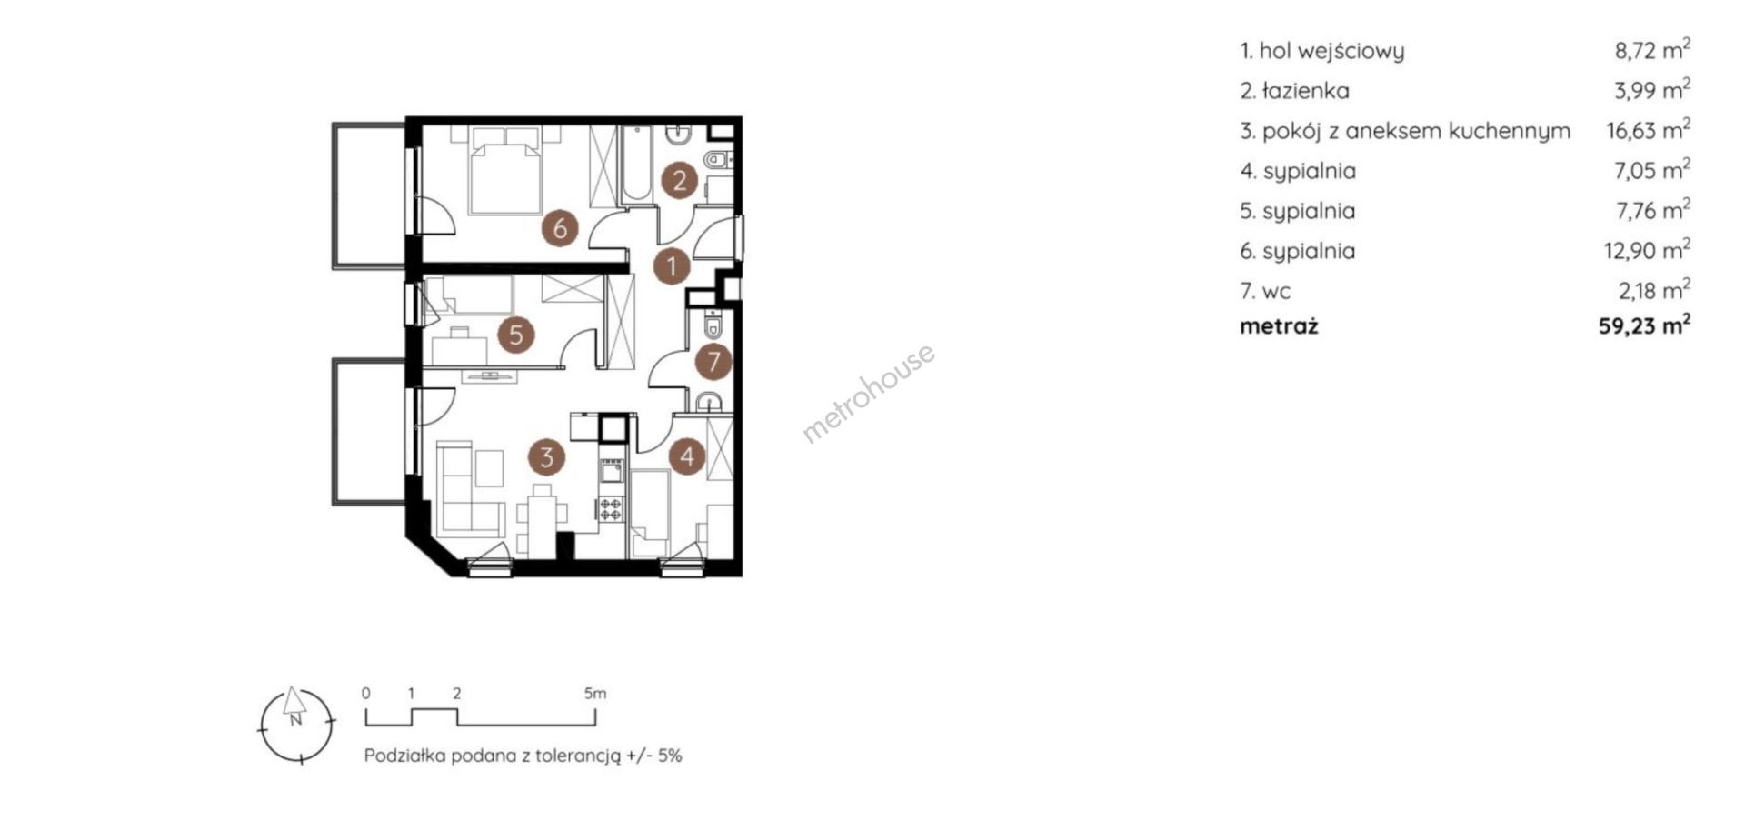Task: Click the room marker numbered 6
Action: (x=560, y=227)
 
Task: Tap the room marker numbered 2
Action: (x=679, y=180)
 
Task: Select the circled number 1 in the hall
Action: (x=672, y=266)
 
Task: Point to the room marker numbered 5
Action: (x=515, y=335)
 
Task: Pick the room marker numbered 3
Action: (x=546, y=456)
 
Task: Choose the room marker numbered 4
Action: (x=686, y=456)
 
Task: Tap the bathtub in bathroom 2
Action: (x=635, y=164)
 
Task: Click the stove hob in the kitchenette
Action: (x=611, y=509)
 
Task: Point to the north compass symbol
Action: (x=296, y=724)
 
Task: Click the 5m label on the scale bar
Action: (x=595, y=693)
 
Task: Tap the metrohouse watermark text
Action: (x=868, y=393)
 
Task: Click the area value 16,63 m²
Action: (x=1648, y=130)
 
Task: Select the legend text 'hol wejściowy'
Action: (x=1331, y=51)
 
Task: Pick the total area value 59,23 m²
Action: (x=1644, y=325)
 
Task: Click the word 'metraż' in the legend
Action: (x=1279, y=326)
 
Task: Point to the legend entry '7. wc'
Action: (x=1265, y=291)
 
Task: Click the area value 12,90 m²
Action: (x=1647, y=250)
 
